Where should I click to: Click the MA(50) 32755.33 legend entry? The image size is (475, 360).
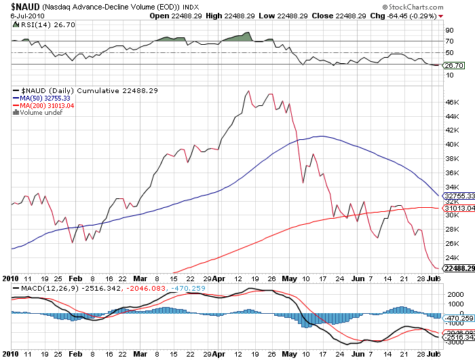coord(46,98)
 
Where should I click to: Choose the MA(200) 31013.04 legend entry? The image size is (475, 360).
coord(47,105)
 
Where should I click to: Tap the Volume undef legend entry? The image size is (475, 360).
coord(40,113)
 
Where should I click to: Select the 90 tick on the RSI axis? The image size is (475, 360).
coord(449,30)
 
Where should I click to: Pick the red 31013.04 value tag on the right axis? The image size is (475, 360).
coord(458,208)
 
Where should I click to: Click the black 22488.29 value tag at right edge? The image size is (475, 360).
coord(458,268)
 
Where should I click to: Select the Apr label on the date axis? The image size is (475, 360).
coord(218,278)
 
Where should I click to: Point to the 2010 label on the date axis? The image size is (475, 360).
coord(9,278)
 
